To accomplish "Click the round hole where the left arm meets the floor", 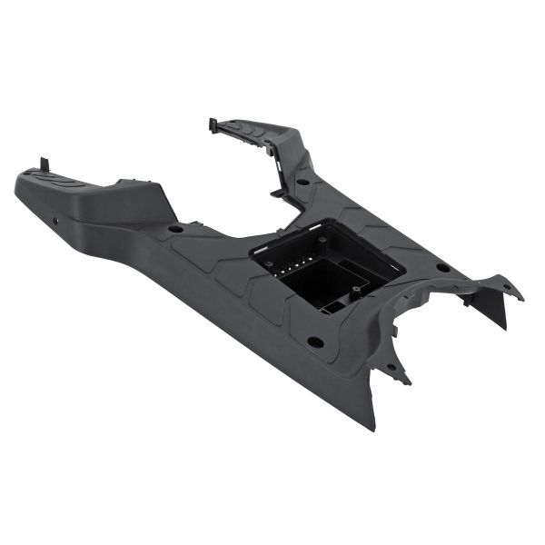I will tap(175, 227).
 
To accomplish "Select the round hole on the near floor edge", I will tap(315, 342).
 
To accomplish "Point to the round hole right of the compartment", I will tap(442, 267).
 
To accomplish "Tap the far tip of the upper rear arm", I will tap(213, 120).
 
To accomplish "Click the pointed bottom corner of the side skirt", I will tap(372, 427).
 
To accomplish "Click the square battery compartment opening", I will tap(327, 263).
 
